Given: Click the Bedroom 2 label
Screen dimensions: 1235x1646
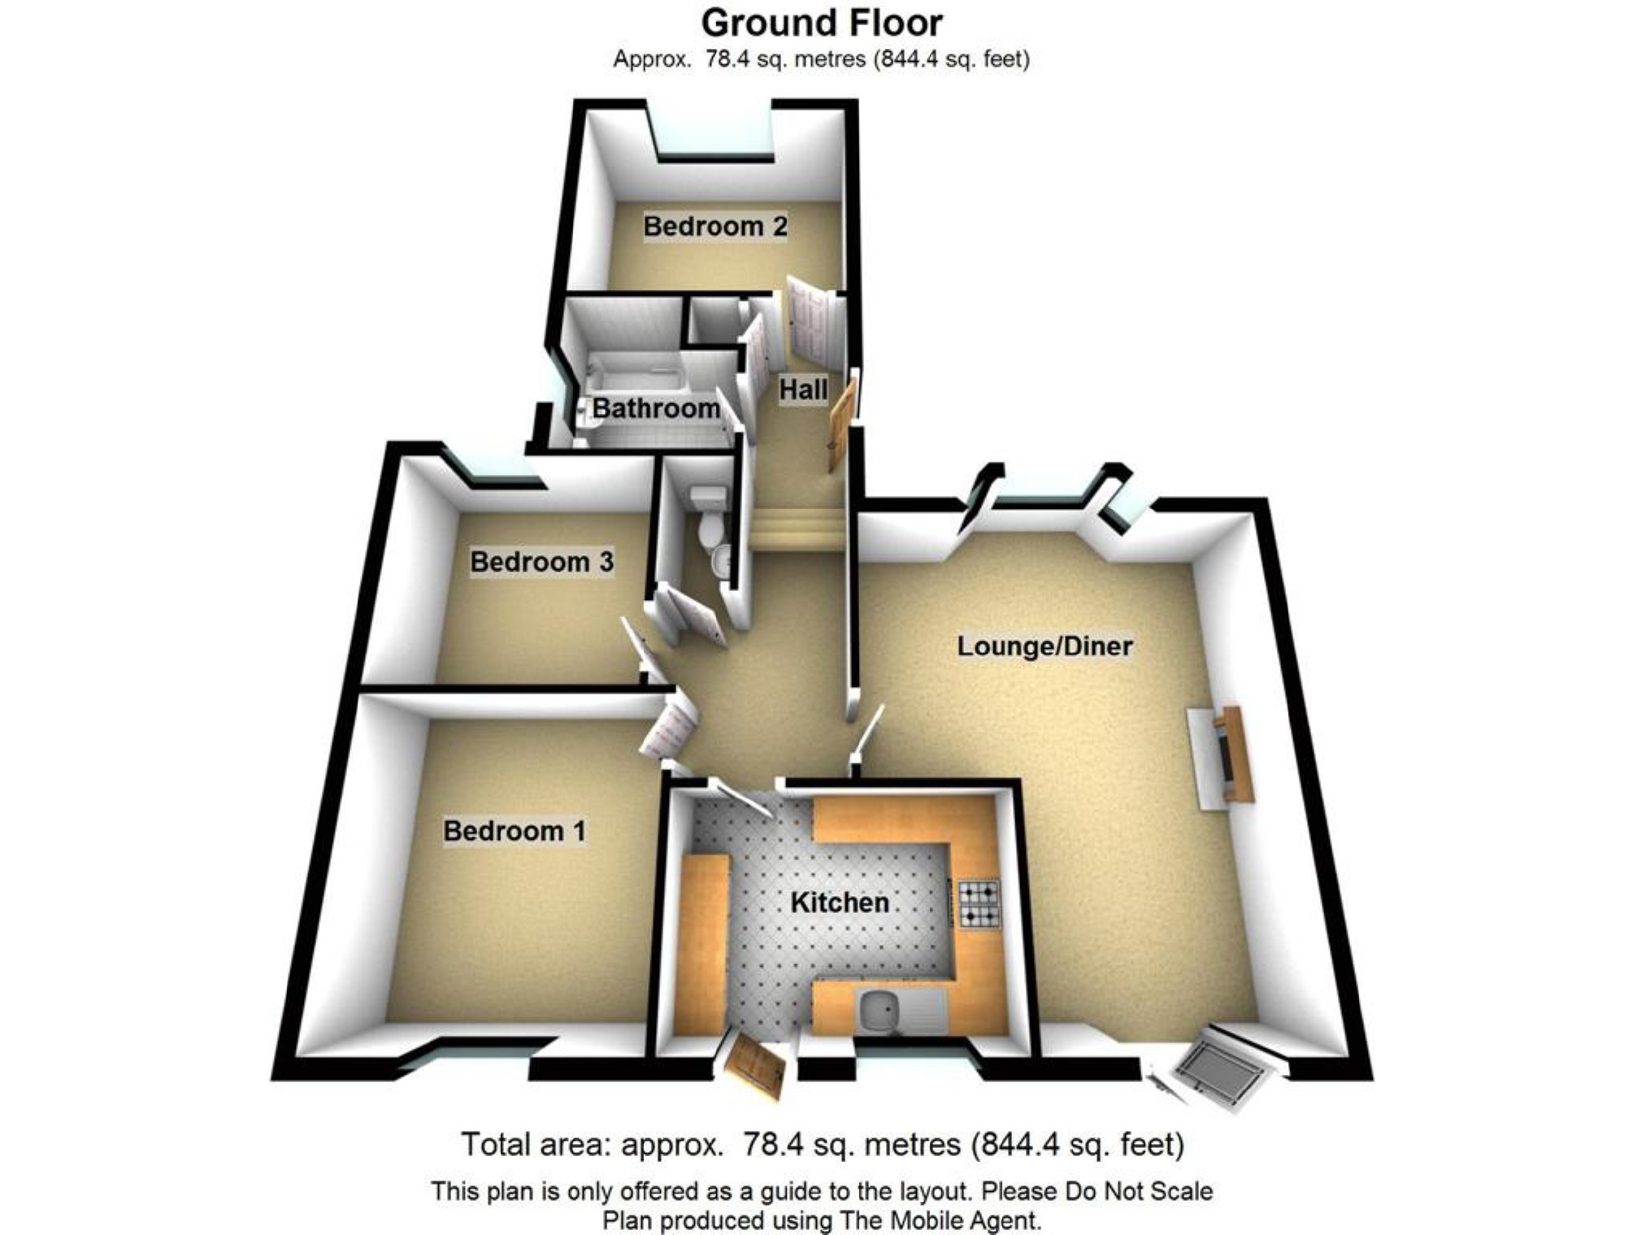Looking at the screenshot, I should click(715, 226).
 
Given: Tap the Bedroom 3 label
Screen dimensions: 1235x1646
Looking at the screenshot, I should click(541, 562).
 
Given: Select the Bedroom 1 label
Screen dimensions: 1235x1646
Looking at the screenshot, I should click(514, 831).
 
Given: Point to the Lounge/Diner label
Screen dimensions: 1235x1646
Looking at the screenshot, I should click(1044, 646).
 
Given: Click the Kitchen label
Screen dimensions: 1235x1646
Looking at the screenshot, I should click(840, 902).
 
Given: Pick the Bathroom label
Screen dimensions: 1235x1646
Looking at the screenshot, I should click(656, 408).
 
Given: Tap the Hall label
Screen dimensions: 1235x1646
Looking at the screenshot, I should click(803, 390).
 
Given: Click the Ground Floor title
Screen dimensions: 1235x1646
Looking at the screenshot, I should click(822, 23).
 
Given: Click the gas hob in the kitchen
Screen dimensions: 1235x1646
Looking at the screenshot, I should click(979, 904).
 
